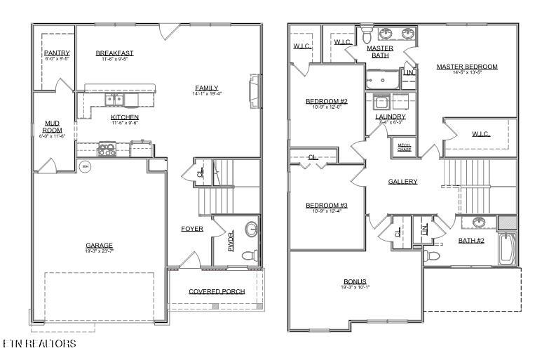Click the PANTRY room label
(57, 53)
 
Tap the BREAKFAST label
(114, 53)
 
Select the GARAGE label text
(100, 245)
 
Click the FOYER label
(192, 229)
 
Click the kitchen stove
(107, 149)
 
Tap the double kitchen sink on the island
(114, 100)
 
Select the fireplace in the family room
(255, 93)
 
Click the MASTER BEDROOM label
(466, 67)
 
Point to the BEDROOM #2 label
(327, 102)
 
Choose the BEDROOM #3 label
(327, 205)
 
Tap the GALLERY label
(402, 181)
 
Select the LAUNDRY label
(391, 116)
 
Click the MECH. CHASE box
(405, 147)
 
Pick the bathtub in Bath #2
(508, 250)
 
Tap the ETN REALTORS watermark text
(39, 344)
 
